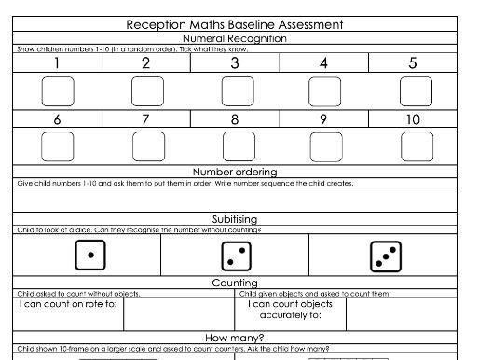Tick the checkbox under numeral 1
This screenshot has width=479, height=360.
coord(58,91)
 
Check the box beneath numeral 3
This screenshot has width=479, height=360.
coord(236,91)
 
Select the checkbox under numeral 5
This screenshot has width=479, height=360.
coord(415,91)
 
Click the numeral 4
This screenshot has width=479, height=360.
coord(324,63)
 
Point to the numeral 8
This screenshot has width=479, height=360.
coord(235,119)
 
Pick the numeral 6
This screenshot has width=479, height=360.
coord(57,119)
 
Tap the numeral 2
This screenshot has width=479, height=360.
coord(145,63)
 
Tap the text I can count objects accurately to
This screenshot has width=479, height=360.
coord(290,310)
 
